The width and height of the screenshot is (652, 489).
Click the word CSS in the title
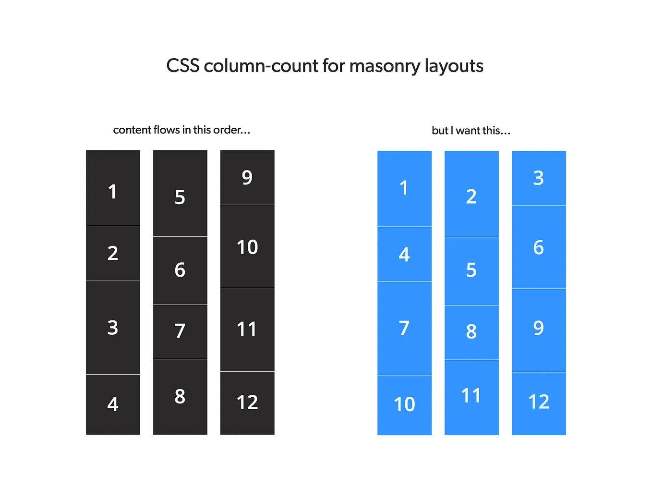(x=182, y=66)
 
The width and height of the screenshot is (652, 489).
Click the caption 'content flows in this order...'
(x=181, y=130)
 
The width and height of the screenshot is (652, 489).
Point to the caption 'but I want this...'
(x=471, y=130)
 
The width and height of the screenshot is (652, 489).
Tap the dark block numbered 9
(x=247, y=178)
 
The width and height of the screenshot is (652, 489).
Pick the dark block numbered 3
(x=113, y=328)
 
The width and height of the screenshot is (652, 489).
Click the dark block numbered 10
(x=247, y=247)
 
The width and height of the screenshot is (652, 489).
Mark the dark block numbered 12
(x=247, y=403)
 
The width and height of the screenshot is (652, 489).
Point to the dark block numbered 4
(x=113, y=404)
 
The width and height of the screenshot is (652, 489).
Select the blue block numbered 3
(x=539, y=178)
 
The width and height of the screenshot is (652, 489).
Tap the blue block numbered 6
(x=539, y=247)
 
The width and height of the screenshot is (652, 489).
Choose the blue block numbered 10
(x=404, y=404)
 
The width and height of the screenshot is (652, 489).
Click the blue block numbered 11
(x=471, y=397)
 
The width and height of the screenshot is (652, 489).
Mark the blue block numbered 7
(x=404, y=328)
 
